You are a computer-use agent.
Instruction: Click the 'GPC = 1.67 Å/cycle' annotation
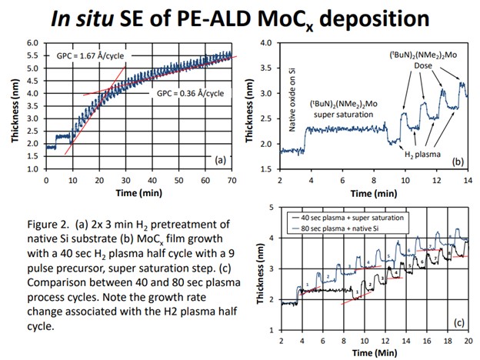pyautogui.click(x=89, y=56)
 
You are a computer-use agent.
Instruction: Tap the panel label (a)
pyautogui.click(x=221, y=161)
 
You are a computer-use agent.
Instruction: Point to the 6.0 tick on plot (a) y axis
pyautogui.click(x=32, y=43)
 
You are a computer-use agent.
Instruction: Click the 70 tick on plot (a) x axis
pyautogui.click(x=229, y=178)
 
